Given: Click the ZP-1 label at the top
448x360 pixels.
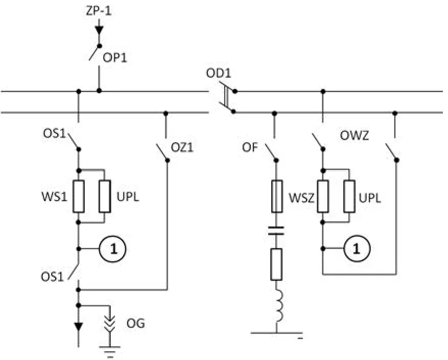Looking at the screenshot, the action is click(x=99, y=11).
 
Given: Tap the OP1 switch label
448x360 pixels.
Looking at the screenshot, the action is click(x=114, y=58).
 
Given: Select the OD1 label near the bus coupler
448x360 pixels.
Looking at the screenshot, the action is click(x=219, y=73).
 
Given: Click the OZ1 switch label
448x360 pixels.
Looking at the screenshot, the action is click(x=182, y=148).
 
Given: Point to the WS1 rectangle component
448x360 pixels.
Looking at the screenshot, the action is click(x=79, y=196).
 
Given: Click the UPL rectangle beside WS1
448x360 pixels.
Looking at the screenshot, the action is click(x=105, y=196).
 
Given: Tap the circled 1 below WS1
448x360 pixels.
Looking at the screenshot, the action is click(x=112, y=249).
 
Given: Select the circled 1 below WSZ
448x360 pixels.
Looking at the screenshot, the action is click(x=357, y=249).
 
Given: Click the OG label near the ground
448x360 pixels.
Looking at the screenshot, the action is click(x=136, y=323).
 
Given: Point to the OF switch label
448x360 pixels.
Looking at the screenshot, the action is click(x=250, y=148).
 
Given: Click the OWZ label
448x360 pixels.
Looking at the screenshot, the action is click(x=355, y=135).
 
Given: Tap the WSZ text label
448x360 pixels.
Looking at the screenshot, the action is click(x=301, y=197).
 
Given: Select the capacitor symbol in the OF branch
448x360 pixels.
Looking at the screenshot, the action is click(x=276, y=231).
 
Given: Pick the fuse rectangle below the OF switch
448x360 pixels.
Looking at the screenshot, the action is click(x=276, y=196).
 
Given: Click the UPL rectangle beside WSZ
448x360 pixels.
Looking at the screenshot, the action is click(x=349, y=196).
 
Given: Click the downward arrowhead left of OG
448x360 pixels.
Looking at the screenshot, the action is click(x=79, y=326).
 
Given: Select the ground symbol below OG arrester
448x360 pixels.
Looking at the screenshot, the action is click(x=110, y=352).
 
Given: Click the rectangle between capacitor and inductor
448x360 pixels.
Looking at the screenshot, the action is click(x=276, y=264).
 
